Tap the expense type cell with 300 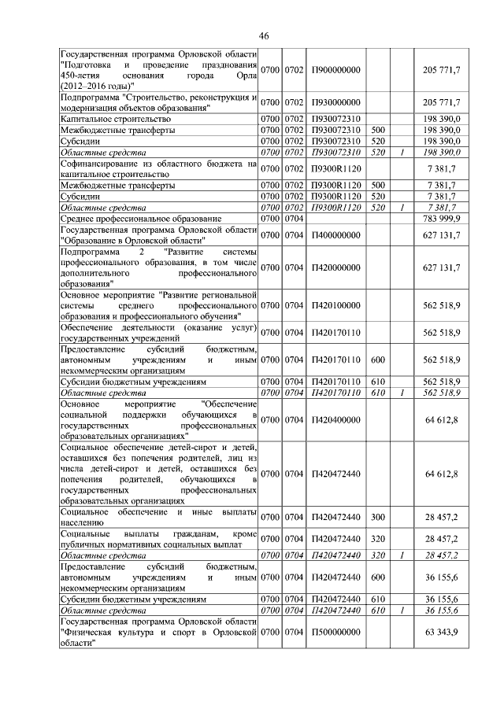coord(377,517)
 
